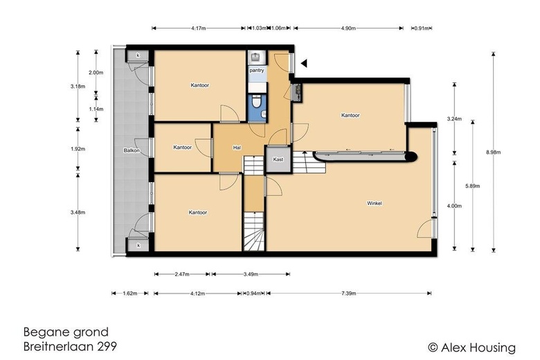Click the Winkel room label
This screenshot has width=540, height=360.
375,204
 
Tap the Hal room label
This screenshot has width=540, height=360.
237,147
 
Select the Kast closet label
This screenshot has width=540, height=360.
278,159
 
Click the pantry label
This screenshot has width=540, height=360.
257,71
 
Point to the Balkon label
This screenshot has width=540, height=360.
132,150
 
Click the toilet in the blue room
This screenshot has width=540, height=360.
255,102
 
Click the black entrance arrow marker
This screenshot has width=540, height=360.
304,64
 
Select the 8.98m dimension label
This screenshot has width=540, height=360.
494,152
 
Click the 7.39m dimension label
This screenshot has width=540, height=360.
348,294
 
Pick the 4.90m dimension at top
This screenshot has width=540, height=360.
348,28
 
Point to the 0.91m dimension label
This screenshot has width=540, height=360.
422,28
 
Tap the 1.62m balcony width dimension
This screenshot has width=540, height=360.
130,294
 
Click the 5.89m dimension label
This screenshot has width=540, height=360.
472,186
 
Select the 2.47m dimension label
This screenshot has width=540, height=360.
182,274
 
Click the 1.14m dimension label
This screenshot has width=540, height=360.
96,109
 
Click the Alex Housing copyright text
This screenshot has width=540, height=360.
472,348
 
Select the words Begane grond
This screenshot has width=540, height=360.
66,332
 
